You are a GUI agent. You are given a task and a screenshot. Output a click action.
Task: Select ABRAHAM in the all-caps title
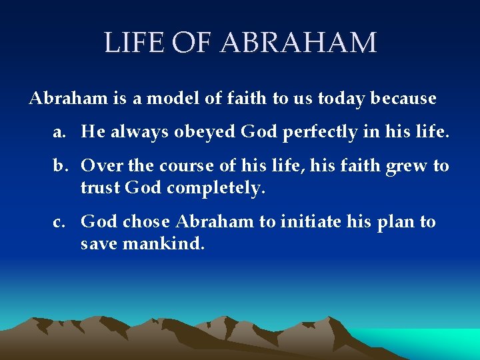298,43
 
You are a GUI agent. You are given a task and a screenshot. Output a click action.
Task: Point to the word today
341,99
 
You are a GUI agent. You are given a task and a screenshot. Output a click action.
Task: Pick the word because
404,99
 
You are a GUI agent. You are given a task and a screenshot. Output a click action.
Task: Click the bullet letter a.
59,132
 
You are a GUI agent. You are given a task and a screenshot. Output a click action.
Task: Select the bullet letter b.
59,165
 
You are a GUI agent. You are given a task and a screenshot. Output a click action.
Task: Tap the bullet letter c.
59,221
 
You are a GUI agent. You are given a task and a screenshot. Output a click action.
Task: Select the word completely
216,189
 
